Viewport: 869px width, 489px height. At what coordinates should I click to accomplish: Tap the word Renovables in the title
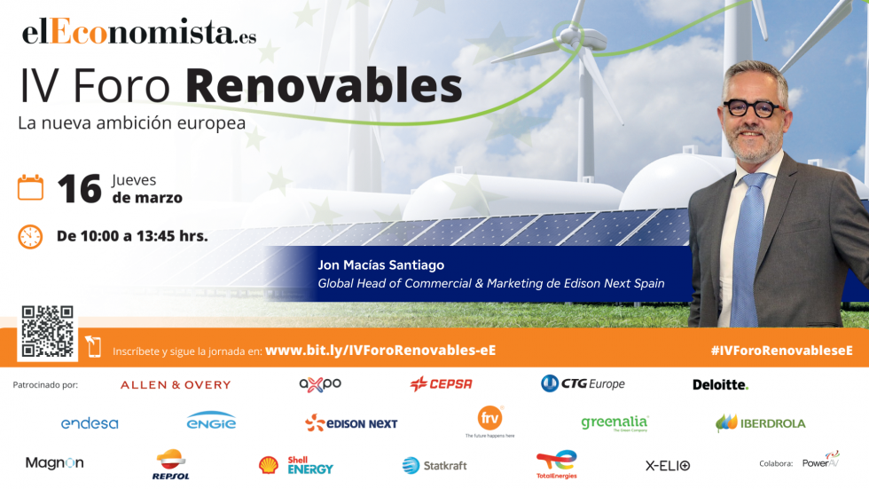pos(324,87)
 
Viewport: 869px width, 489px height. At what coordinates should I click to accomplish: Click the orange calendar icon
pos(30,187)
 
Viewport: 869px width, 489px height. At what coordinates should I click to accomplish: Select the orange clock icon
pos(30,236)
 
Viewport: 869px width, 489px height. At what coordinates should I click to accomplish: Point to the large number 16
pos(79,189)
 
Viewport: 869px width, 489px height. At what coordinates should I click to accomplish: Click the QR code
pos(47,332)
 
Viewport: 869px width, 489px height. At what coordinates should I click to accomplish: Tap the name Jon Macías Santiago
pos(381,265)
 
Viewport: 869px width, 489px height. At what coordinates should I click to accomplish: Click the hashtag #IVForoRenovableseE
pos(780,351)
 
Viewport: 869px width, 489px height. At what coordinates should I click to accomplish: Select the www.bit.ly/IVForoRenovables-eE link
pos(380,351)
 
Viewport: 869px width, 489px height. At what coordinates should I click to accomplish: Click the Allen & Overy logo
pos(176,384)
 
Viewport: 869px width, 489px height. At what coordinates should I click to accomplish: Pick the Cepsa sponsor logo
pos(441,384)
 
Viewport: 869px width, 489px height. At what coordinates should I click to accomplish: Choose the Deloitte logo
pos(720,384)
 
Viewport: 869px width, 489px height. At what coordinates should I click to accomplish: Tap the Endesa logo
pos(90,423)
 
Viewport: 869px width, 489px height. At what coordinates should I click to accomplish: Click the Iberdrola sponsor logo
pos(761,423)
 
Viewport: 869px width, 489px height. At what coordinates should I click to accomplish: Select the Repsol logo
pos(172,464)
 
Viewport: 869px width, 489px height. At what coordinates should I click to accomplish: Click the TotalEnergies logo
pos(557,464)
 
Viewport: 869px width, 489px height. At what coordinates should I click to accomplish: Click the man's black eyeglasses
pos(754,108)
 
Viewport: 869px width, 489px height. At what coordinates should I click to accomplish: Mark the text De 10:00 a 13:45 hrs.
pos(132,236)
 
